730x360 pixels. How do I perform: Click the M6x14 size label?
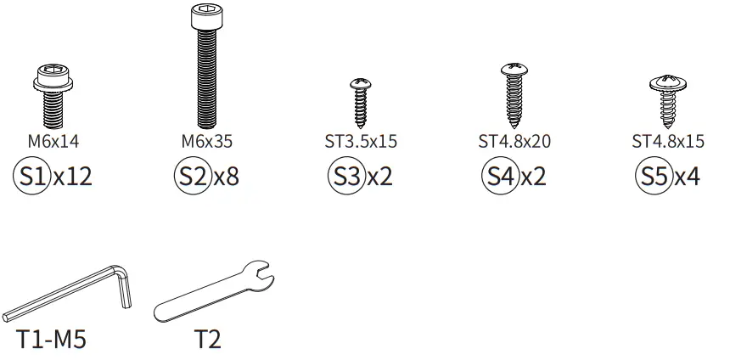click(53, 141)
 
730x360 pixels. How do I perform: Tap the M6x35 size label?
click(207, 141)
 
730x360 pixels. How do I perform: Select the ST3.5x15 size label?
click(361, 141)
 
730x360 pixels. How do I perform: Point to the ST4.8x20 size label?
click(514, 141)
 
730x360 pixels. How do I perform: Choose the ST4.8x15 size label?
click(668, 141)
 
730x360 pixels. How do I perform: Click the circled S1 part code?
click(31, 176)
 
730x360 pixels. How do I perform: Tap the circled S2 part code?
click(193, 176)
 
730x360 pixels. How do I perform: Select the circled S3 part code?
click(346, 176)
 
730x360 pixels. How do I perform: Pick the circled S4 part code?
click(500, 176)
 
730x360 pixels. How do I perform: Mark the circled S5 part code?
click(654, 176)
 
